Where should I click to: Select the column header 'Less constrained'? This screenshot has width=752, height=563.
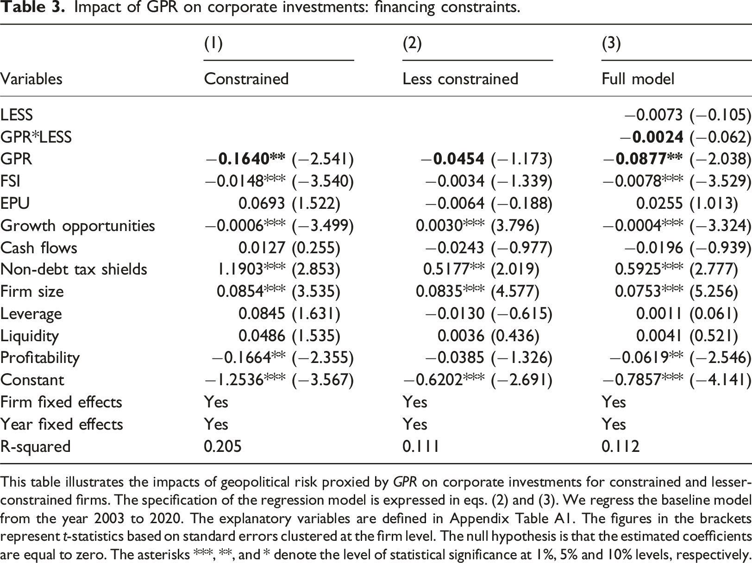click(460, 79)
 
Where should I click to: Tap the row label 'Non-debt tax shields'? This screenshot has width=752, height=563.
click(74, 269)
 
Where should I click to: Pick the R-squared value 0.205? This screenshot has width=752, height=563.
click(223, 446)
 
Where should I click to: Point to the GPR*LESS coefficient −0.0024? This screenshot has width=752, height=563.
click(651, 137)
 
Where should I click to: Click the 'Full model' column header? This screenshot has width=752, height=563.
click(638, 79)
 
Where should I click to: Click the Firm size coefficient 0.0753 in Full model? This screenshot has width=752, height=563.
click(637, 291)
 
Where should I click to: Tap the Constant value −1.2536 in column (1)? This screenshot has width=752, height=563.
click(234, 380)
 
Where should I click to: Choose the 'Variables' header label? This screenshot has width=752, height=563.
click(31, 79)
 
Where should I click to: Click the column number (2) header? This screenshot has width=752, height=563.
click(412, 44)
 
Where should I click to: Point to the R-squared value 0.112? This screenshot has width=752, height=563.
click(620, 446)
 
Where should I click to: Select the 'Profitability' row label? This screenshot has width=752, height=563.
click(40, 358)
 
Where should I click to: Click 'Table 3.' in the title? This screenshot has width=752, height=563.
click(33, 7)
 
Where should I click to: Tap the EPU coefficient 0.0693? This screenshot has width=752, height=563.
click(262, 203)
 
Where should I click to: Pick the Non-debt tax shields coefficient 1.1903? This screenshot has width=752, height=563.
click(240, 269)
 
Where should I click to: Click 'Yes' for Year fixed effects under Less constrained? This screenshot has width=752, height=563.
click(415, 424)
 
